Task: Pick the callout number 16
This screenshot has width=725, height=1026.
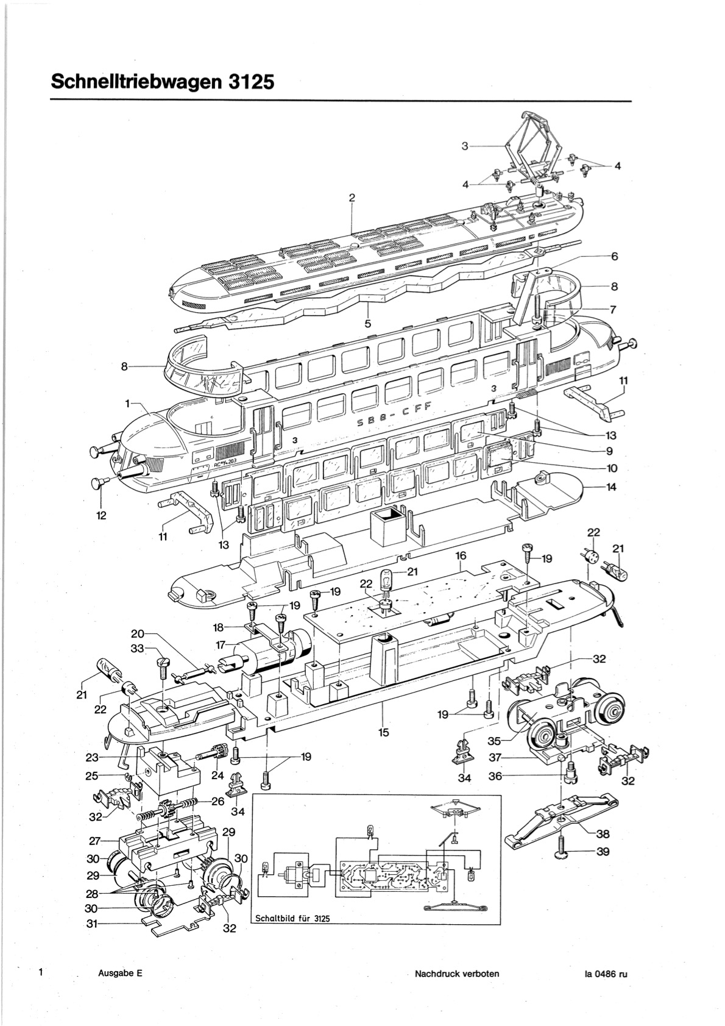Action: (461, 555)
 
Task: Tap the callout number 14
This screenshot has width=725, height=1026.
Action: (611, 486)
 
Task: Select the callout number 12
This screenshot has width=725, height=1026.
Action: (101, 515)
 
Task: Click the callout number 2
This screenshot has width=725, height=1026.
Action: (352, 198)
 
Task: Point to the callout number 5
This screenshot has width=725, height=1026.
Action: (367, 323)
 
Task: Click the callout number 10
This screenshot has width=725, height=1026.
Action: (612, 468)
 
